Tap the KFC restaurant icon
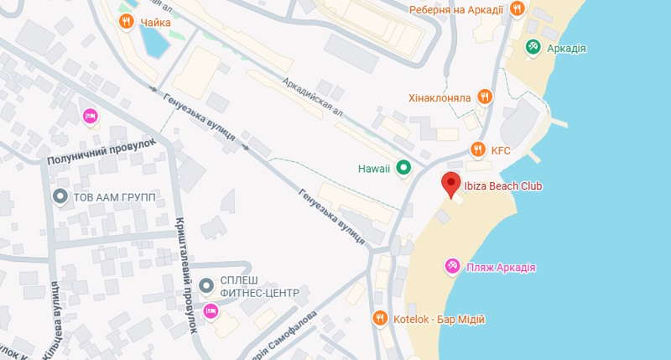pos(477,150)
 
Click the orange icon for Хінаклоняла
pos(483,97)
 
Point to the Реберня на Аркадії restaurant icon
pos(517,9)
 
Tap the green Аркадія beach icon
pos(533,48)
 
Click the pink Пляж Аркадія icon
pos(451,267)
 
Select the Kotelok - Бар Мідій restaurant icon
pos(379,319)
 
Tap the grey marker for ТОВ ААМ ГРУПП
pos(60,196)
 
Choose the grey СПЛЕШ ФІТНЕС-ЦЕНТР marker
pos(206,287)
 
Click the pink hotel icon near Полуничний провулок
pos(90,116)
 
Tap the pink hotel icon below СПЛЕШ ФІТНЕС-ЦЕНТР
pos(211,312)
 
